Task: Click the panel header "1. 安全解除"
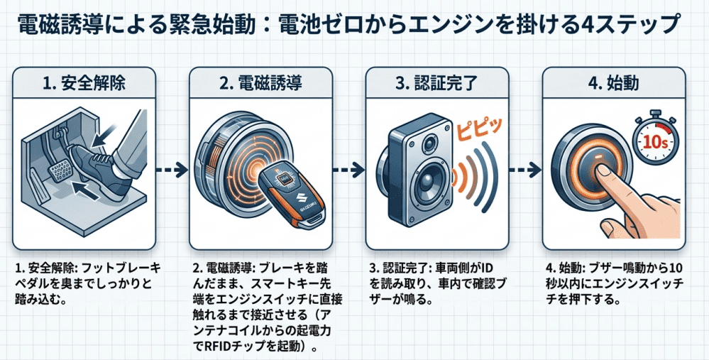pyautogui.click(x=84, y=82)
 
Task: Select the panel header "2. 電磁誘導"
pyautogui.click(x=260, y=82)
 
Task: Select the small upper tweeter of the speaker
pyautogui.click(x=429, y=146)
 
